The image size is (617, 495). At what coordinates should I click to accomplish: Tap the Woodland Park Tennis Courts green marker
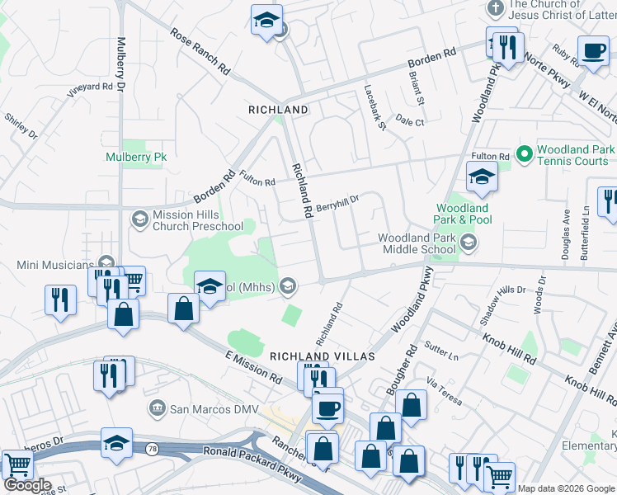coord(523,154)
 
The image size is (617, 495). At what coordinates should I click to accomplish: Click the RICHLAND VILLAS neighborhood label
coord(322,356)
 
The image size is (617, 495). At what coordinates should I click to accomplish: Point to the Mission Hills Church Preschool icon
coord(139,219)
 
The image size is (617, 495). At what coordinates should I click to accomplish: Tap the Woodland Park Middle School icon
coord(469,242)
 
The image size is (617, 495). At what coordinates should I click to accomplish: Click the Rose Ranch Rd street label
coord(200,52)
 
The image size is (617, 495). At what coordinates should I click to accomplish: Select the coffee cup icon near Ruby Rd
coord(592,51)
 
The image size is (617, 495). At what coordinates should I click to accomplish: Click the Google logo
coord(26,485)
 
